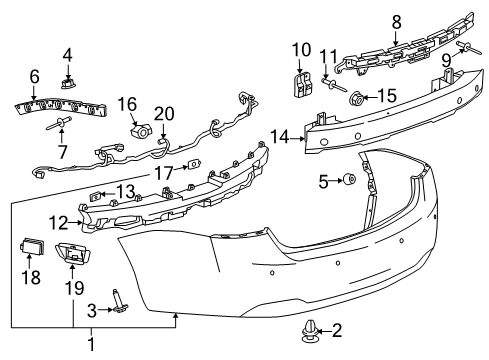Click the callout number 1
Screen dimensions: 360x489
pyautogui.click(x=93, y=345)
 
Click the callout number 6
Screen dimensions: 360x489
pyautogui.click(x=34, y=76)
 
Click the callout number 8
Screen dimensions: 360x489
pyautogui.click(x=396, y=21)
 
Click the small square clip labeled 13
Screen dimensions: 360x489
pyautogui.click(x=98, y=196)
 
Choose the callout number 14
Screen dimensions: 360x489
pyautogui.click(x=282, y=138)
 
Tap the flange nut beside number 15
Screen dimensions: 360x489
pyautogui.click(x=358, y=99)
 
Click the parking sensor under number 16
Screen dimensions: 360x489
pyautogui.click(x=141, y=129)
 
